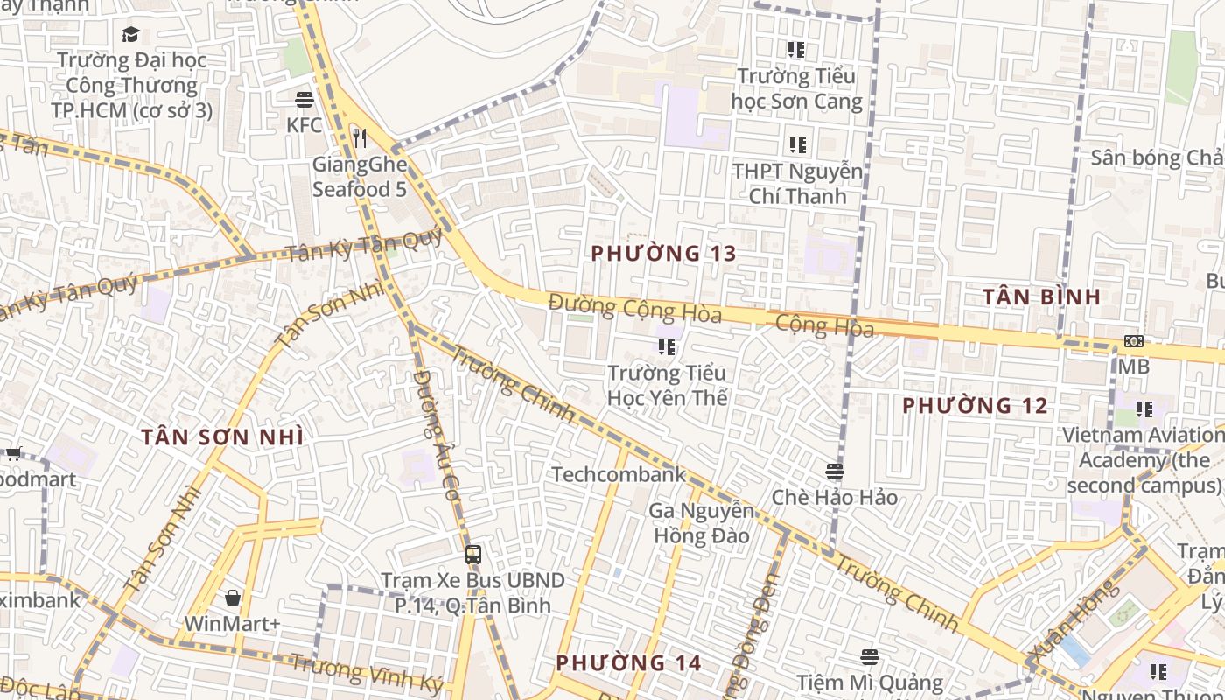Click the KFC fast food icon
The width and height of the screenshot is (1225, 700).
tap(304, 99)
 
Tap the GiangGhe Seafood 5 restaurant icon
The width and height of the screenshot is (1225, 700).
tap(359, 137)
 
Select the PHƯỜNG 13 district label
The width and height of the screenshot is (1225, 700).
tap(663, 254)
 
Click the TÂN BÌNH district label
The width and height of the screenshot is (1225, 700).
tap(1041, 297)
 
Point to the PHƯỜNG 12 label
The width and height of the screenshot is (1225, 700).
tap(975, 406)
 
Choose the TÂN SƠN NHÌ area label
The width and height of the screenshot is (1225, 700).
tap(222, 437)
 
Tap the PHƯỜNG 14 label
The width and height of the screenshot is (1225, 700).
tap(628, 662)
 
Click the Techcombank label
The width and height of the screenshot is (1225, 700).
tap(618, 474)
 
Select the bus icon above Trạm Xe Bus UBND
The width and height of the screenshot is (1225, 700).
tap(472, 554)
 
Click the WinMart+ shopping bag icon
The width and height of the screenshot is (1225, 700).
tap(233, 598)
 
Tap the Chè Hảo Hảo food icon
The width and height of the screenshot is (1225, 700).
tap(834, 472)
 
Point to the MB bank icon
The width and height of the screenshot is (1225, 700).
tap(1133, 341)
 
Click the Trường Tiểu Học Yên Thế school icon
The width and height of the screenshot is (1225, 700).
tap(667, 347)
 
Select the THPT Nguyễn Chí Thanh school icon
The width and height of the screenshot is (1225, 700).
tap(796, 144)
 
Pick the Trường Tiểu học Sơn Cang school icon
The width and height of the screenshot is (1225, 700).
tap(795, 50)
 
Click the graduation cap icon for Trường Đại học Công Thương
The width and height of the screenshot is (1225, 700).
tap(130, 34)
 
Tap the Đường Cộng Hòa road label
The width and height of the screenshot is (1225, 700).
tap(634, 309)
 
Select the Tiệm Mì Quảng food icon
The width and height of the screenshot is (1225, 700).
tap(869, 656)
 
